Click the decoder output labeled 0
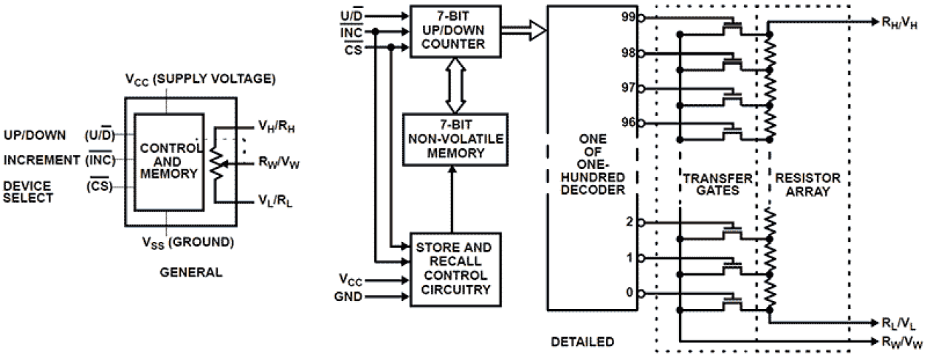[630, 293]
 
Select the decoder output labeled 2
[630, 222]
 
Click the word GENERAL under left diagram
[190, 272]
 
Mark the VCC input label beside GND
[350, 280]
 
